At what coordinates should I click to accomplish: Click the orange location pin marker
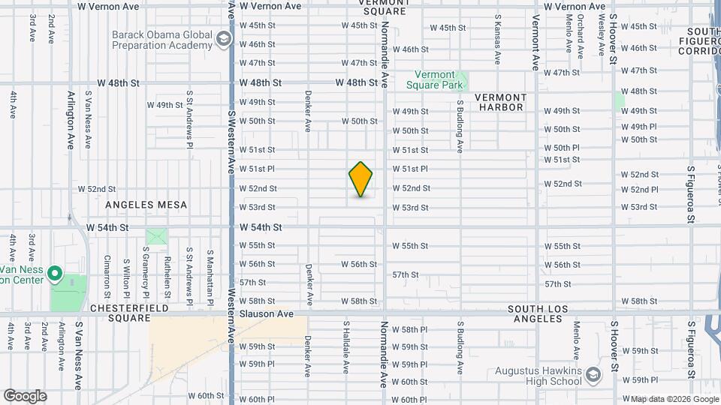point(361,179)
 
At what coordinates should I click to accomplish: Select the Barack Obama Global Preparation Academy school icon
point(223,39)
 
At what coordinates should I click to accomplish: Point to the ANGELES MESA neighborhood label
point(146,204)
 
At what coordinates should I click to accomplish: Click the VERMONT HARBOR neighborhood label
point(501,103)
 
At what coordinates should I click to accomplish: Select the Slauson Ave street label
point(271,313)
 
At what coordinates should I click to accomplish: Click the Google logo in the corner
point(25,396)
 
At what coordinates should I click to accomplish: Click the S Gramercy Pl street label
point(145,270)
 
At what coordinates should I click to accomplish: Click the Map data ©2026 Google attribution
point(674,399)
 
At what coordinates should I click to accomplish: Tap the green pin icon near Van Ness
point(55,274)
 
